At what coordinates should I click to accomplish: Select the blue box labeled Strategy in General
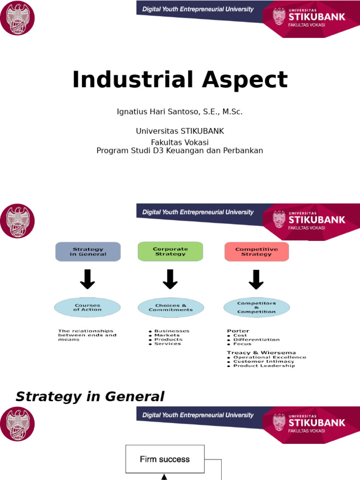[x=88, y=252]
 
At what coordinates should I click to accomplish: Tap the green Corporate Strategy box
[x=171, y=252]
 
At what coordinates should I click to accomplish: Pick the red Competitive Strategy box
[x=256, y=252]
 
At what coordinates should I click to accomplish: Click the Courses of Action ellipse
[x=87, y=307]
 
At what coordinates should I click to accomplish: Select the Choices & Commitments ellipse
[x=171, y=307]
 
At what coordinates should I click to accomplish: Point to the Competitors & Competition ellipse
[x=256, y=307]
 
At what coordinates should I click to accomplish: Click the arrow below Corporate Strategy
[x=170, y=279]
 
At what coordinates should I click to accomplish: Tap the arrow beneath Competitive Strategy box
[x=256, y=279]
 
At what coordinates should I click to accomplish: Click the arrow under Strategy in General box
[x=88, y=279]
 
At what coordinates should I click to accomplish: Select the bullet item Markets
[x=167, y=335]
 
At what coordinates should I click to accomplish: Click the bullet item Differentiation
[x=256, y=339]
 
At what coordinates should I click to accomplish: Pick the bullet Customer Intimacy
[x=263, y=361]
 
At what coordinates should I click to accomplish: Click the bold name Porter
[x=238, y=330]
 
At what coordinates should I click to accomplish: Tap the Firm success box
[x=165, y=459]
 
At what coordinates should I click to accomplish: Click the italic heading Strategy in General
[x=90, y=397]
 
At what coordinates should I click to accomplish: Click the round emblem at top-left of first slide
[x=17, y=18]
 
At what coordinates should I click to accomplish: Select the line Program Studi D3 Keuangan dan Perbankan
[x=180, y=150]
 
